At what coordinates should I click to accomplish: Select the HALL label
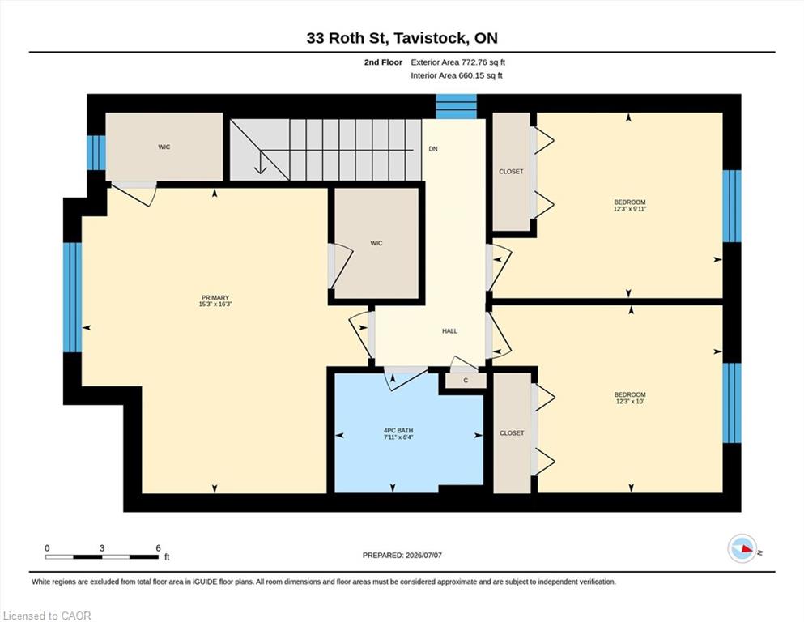[x=449, y=331]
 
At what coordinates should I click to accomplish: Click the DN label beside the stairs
[x=433, y=149]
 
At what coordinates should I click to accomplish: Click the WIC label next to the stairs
[x=164, y=147]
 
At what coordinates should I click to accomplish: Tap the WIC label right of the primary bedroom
[x=376, y=243]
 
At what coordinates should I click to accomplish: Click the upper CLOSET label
[x=511, y=171]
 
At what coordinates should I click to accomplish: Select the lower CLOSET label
[x=512, y=433]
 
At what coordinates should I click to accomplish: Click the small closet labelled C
[x=466, y=381]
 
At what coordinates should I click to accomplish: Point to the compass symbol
[x=742, y=548]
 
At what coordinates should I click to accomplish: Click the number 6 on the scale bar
[x=159, y=548]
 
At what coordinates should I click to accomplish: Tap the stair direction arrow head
[x=261, y=168]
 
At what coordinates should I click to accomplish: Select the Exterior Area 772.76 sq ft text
[x=458, y=62]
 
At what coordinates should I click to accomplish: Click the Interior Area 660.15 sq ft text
[x=457, y=75]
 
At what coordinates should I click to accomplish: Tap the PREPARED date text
[x=402, y=556]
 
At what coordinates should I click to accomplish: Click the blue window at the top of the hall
[x=457, y=107]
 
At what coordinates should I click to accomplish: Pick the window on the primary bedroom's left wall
[x=72, y=297]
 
